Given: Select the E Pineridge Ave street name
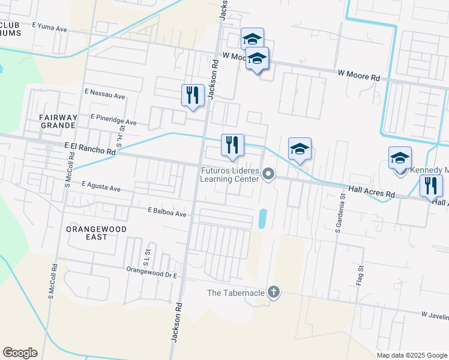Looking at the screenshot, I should point(113,120).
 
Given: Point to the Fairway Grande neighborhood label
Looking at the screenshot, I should point(58,121).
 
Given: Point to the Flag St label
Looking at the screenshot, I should point(361,274).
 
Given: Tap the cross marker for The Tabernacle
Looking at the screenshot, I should point(273,292).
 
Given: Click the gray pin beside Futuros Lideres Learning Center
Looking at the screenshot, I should point(268,175).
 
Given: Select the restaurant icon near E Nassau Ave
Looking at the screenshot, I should point(192,95).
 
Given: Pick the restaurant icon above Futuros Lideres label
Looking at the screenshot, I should point(232,145).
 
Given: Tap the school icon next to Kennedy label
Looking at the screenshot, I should point(400,159).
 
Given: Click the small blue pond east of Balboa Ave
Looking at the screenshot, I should point(262,218).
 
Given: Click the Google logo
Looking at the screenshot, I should point(20,353).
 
